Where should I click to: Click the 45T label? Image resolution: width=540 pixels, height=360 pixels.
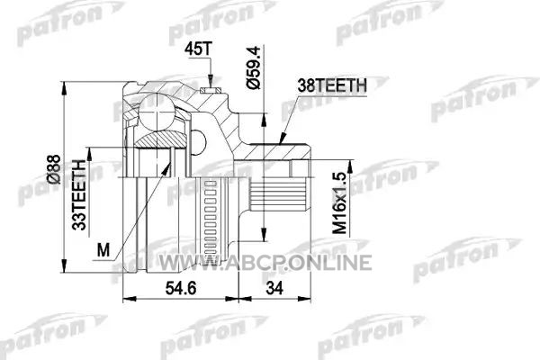196,49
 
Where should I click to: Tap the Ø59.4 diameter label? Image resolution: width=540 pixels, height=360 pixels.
255,67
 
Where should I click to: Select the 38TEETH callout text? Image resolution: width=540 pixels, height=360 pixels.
332,85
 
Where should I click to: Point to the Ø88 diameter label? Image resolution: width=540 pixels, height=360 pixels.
54,169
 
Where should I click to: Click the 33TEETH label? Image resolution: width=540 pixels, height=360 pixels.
79,195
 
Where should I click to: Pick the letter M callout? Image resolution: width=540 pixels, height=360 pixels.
103,250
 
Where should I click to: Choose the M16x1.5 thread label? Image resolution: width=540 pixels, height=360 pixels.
339,203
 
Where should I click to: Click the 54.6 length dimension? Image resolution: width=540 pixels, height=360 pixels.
181,288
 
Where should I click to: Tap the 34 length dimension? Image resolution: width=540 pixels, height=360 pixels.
274,288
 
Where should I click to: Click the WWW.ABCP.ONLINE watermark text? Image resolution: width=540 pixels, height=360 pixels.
265,263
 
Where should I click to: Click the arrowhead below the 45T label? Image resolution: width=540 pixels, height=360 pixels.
210,82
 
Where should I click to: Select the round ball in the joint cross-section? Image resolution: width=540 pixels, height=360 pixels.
157,112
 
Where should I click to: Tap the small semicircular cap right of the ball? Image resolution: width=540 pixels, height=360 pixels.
198,142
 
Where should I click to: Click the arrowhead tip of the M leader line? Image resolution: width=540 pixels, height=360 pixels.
171,162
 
